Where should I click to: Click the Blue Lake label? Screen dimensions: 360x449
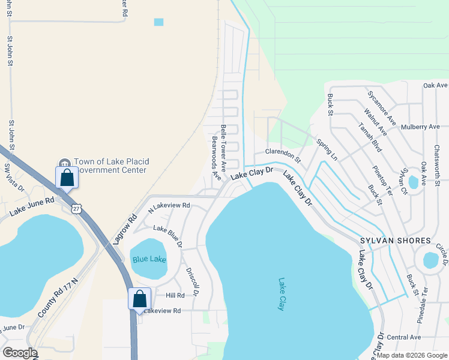click(149, 259)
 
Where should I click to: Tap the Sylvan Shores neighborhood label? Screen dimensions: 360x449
click(395, 241)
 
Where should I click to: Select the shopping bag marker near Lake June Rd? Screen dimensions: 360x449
click(67, 178)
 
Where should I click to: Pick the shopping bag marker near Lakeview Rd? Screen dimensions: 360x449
click(139, 299)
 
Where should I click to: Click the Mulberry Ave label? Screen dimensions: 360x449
click(421, 127)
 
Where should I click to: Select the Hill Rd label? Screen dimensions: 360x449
click(175, 296)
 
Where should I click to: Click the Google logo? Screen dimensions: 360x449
click(19, 353)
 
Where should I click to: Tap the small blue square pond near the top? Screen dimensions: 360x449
click(158, 22)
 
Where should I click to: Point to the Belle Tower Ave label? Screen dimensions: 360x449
click(223, 146)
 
